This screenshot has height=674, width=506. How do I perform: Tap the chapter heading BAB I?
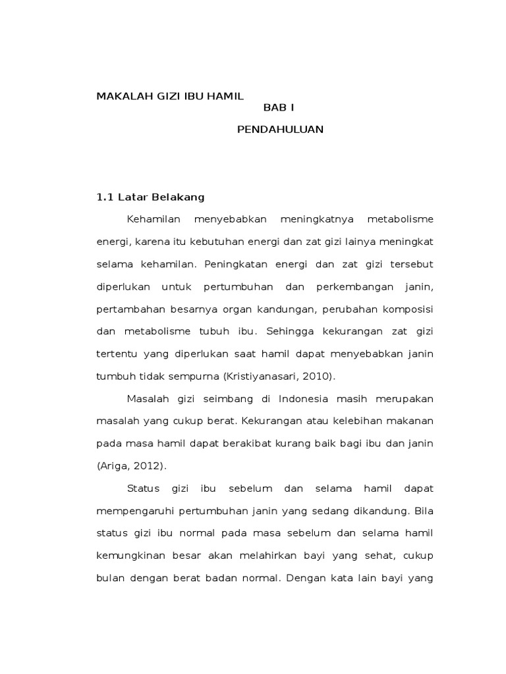(280, 107)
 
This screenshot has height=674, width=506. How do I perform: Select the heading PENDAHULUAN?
(280, 130)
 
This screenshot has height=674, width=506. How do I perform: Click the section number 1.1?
(105, 197)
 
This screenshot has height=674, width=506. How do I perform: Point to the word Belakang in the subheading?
(179, 197)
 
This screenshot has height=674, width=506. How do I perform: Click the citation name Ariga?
(113, 466)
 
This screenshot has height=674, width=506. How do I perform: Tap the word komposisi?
(405, 309)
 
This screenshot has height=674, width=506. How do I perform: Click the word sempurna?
(196, 376)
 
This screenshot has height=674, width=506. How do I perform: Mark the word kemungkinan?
(130, 556)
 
